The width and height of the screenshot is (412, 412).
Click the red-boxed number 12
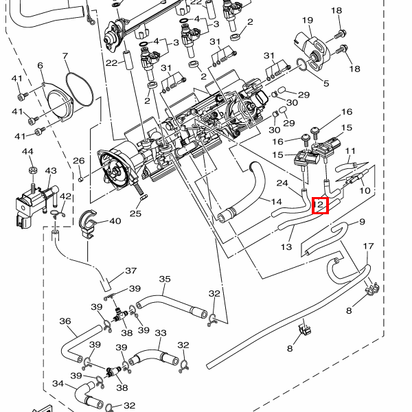[321, 205]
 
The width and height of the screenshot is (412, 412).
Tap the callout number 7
[65, 56]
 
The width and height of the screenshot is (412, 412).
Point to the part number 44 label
[27, 151]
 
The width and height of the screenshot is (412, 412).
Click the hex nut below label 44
[32, 168]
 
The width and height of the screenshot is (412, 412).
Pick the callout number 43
[51, 171]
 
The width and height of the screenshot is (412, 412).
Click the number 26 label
[78, 161]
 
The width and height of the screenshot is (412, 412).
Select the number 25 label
[135, 214]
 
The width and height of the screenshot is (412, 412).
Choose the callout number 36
[65, 321]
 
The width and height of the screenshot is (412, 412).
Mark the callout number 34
[58, 384]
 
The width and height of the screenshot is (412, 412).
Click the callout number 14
[276, 201]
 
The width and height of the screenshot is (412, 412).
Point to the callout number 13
[286, 246]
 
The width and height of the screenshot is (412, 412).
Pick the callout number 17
[368, 246]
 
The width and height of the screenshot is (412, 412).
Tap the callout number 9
[362, 221]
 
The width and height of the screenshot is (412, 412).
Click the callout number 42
[65, 197]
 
